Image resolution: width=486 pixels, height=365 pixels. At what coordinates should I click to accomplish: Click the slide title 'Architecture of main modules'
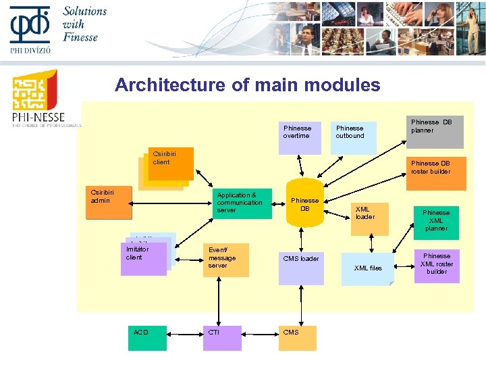click(x=247, y=85)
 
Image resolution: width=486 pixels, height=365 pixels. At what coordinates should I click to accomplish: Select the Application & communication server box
click(x=243, y=203)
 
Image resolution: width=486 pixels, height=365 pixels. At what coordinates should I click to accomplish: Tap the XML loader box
click(x=369, y=218)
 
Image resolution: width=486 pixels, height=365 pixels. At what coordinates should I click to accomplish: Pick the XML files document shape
click(x=367, y=268)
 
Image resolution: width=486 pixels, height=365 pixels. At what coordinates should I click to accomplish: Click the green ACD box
click(x=147, y=338)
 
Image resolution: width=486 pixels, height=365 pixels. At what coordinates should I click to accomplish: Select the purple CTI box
click(x=223, y=338)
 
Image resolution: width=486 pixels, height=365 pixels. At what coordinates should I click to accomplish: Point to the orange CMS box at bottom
click(x=298, y=338)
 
